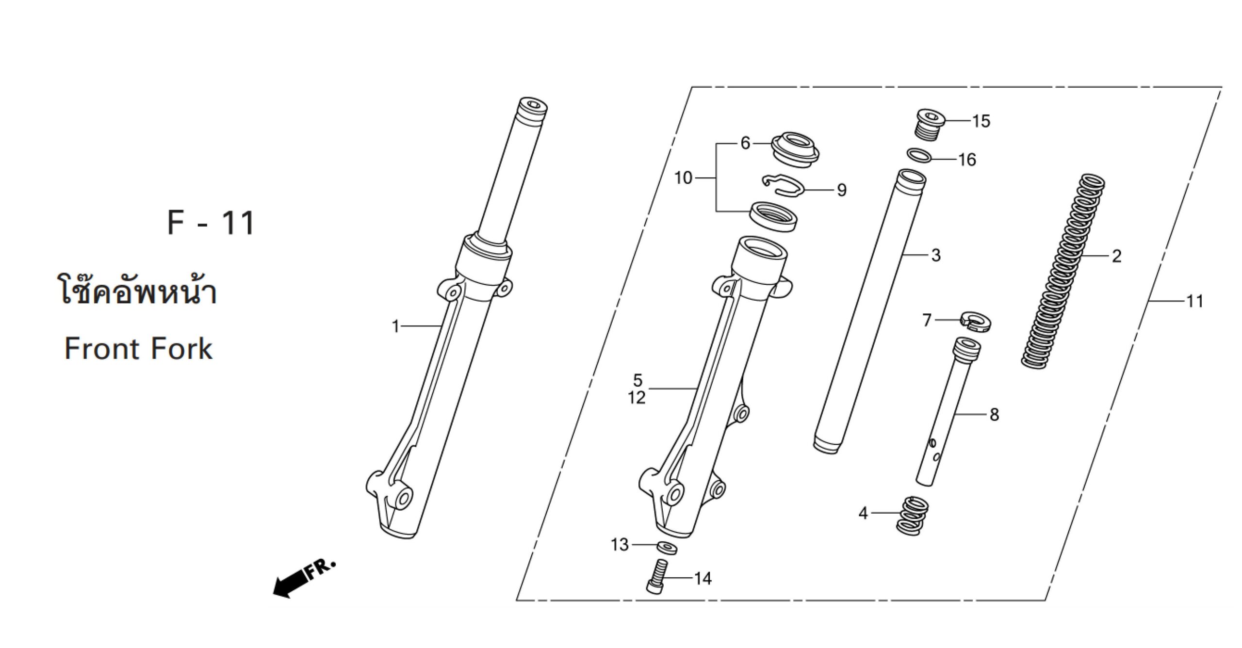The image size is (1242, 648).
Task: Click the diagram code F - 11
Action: pos(211,223)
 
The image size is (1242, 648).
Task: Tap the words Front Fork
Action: pos(138,349)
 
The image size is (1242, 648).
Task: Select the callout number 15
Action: pos(981,121)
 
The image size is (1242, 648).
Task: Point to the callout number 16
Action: pos(967,160)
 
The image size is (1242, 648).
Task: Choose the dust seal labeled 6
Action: pos(795,149)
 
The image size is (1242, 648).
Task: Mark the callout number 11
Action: pos(1195,302)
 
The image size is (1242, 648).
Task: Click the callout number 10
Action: pos(683,178)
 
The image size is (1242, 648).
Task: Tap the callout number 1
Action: pos(395,326)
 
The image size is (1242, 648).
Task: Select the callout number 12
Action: pos(637,398)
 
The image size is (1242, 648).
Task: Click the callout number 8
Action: pos(994,415)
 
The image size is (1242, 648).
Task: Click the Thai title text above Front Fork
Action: pos(137,290)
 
